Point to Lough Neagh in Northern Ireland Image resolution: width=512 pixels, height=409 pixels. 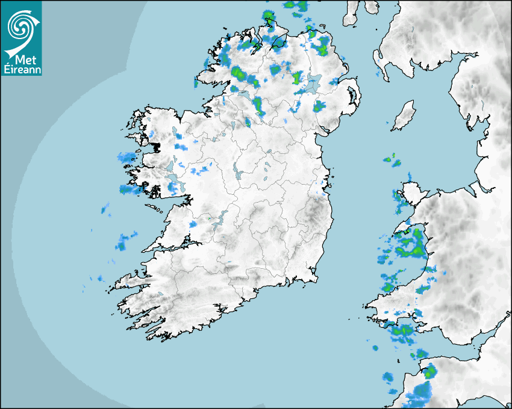click(x=311, y=84)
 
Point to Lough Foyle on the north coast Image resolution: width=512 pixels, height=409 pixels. click(x=278, y=42)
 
